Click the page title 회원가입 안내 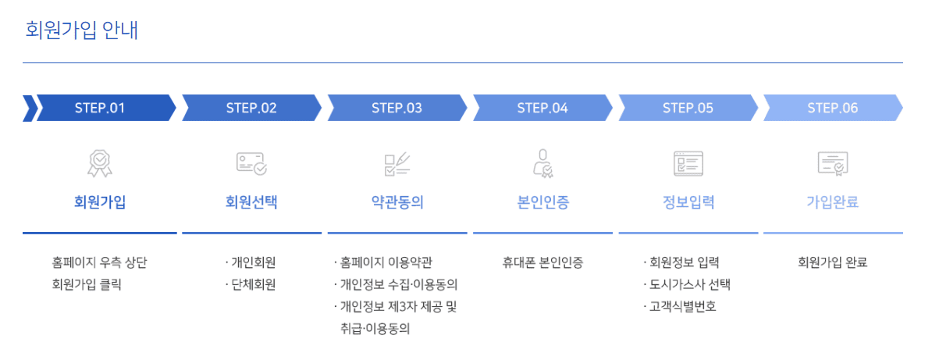point(82,30)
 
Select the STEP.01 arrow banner point(100,109)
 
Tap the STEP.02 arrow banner point(251,109)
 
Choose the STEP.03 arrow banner point(397,109)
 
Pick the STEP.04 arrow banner point(542,109)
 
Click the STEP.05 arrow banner point(688,109)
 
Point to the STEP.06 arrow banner point(832,109)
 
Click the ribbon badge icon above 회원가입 point(100,163)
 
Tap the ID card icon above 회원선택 point(251,163)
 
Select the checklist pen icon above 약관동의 point(397,163)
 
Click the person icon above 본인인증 point(542,163)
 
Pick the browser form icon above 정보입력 point(688,163)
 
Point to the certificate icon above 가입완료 point(832,163)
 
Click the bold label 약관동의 point(397,203)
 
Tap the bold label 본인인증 point(542,203)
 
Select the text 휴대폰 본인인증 point(542,262)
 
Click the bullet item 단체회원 point(253,284)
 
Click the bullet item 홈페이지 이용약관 point(386,262)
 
